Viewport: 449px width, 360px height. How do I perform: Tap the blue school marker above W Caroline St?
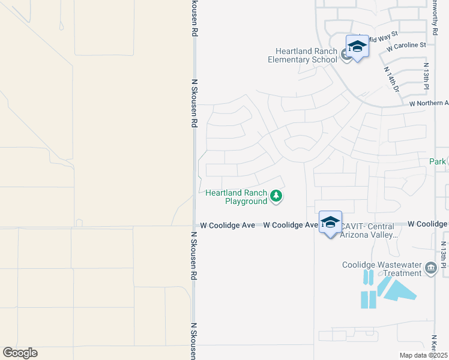(x=357, y=47)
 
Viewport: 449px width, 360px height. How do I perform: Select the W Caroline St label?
(x=406, y=45)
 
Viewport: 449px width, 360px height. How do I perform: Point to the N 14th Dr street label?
(x=391, y=79)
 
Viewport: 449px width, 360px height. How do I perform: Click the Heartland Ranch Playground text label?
(x=237, y=197)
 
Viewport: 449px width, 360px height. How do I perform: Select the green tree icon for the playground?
(x=276, y=196)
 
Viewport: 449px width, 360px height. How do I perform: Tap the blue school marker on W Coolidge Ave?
(x=330, y=222)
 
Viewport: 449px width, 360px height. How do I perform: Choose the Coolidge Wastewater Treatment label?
(x=382, y=269)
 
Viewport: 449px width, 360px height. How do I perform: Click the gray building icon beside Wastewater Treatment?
(x=430, y=268)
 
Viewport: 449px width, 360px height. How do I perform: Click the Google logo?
(x=20, y=353)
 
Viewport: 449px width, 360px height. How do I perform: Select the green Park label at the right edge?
(x=438, y=161)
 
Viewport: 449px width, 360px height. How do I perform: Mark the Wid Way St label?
(x=384, y=37)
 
